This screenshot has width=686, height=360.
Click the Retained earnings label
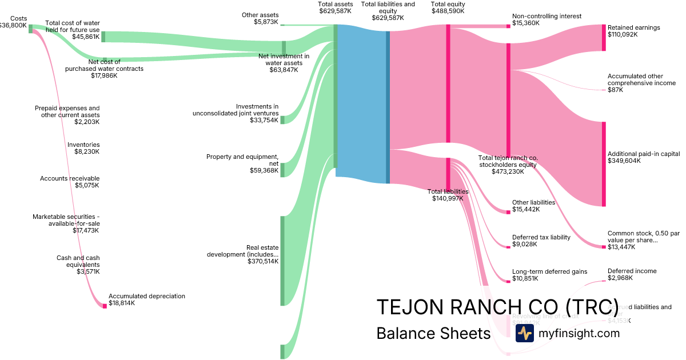tap(633, 27)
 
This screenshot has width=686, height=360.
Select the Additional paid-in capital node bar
tap(603, 163)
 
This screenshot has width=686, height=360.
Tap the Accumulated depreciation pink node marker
tap(105, 306)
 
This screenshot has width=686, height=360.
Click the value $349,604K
tap(624, 161)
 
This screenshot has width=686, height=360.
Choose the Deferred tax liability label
tap(541, 237)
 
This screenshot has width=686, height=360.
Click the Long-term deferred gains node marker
tap(508, 281)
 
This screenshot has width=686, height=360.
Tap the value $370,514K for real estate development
tap(263, 261)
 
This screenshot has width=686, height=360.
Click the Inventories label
tap(83, 145)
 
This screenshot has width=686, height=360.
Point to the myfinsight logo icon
tap(524, 333)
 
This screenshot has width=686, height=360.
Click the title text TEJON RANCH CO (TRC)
tap(497, 307)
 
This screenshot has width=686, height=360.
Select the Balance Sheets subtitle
tap(433, 333)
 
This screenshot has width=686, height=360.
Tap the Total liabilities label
tap(448, 191)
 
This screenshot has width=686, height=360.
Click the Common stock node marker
tap(603, 247)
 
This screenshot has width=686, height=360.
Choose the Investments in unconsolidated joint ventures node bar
tap(282, 119)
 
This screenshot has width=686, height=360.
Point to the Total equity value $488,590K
tap(448, 11)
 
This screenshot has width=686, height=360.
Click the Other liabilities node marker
tap(508, 212)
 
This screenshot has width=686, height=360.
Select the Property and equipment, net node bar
tap(282, 170)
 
